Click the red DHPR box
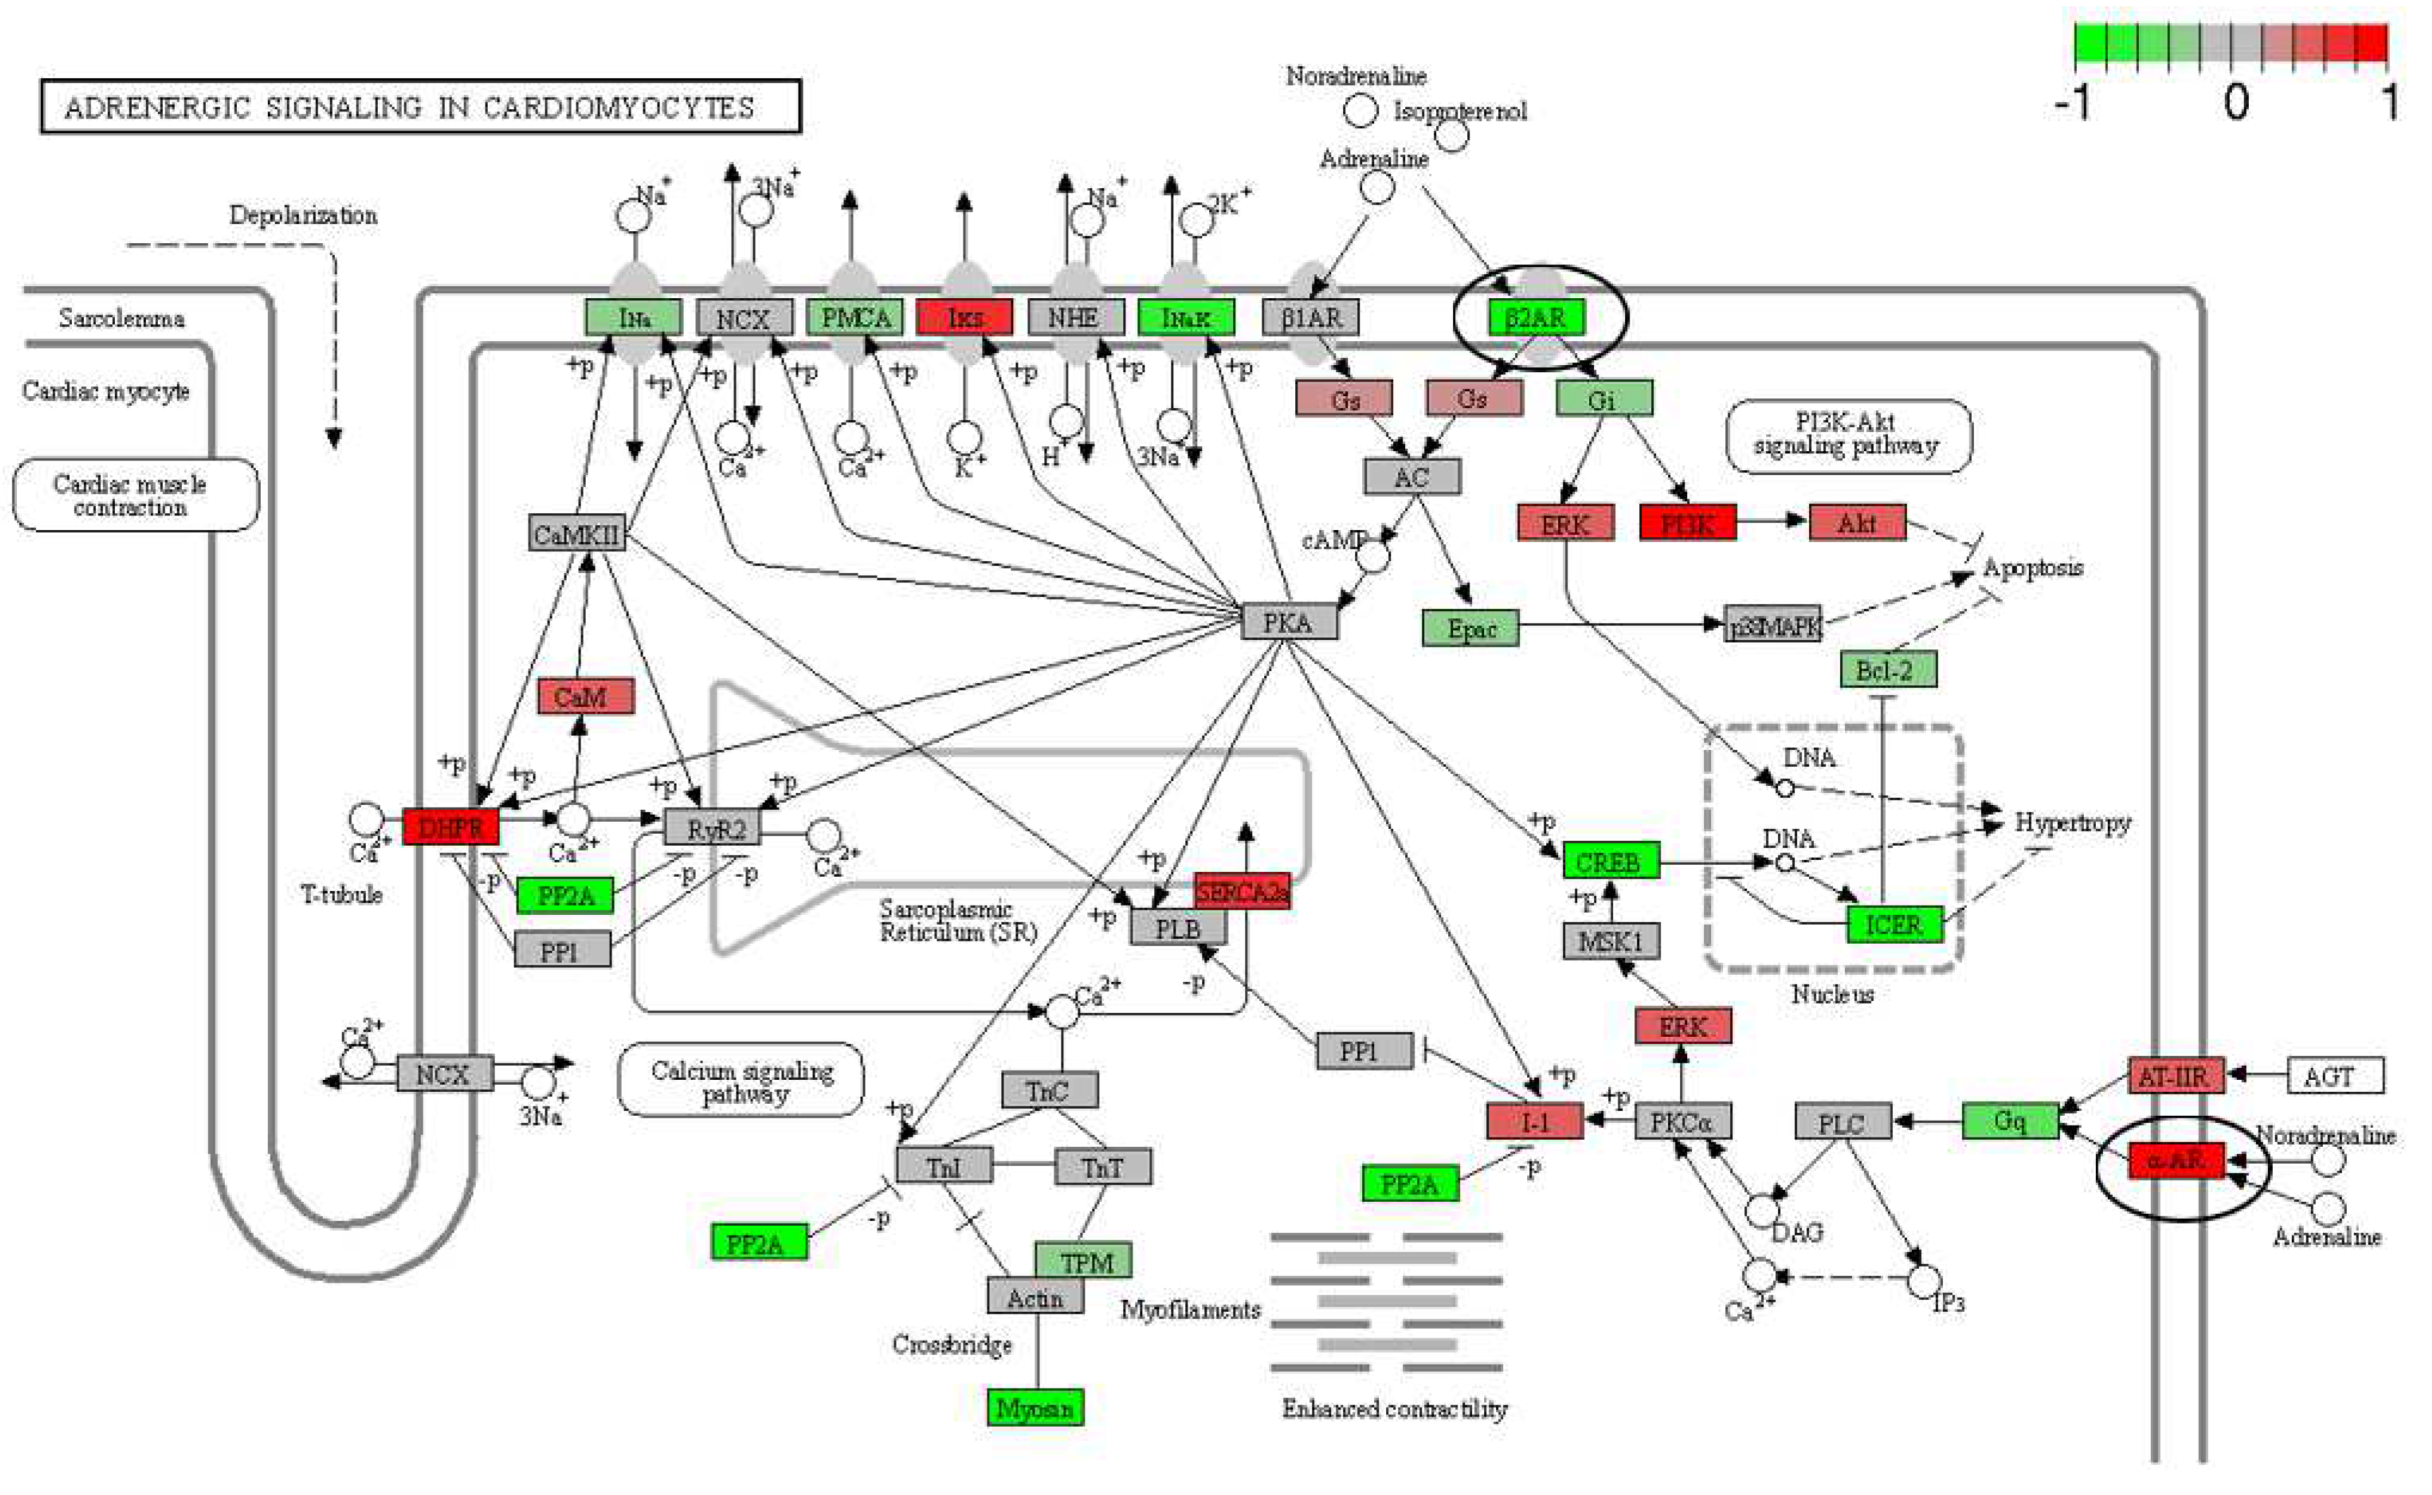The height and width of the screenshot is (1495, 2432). (451, 827)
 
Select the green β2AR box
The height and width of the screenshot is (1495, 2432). (1536, 317)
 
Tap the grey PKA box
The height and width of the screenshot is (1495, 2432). (1289, 622)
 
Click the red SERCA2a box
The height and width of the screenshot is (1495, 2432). (1242, 891)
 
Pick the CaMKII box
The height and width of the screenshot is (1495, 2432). (577, 534)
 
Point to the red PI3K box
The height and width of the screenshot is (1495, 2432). (1688, 522)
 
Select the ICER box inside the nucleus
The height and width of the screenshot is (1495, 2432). (1895, 925)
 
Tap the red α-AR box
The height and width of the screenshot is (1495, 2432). (2177, 1159)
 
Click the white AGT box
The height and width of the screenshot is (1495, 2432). (2336, 1076)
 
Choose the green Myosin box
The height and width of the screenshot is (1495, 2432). (1035, 1407)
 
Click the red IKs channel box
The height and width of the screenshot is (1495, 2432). (965, 317)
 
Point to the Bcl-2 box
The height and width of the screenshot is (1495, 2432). (1888, 670)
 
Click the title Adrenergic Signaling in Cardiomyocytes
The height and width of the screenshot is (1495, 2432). (420, 107)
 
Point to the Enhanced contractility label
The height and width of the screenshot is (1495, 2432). (1394, 1408)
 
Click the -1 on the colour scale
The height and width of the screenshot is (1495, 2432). (2075, 101)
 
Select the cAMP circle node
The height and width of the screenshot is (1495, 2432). (1372, 555)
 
